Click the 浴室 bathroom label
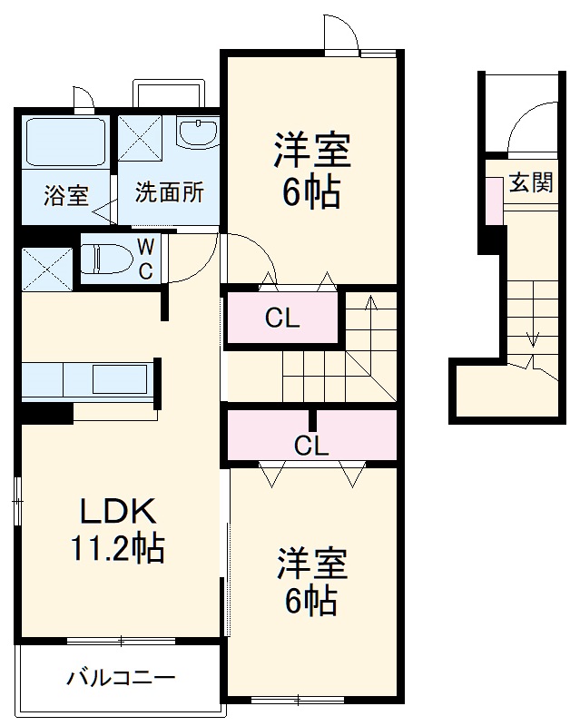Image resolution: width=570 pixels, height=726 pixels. coord(66,194)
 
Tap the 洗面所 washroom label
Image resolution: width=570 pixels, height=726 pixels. coord(170,192)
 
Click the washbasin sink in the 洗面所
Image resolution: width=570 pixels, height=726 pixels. coord(197,133)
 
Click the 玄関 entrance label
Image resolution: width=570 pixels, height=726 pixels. coord(530,183)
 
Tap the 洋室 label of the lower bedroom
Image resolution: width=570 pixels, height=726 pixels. coord(311,565)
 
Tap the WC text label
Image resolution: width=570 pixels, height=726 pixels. coord(145,258)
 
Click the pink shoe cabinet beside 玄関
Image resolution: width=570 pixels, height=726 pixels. coord(494,200)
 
